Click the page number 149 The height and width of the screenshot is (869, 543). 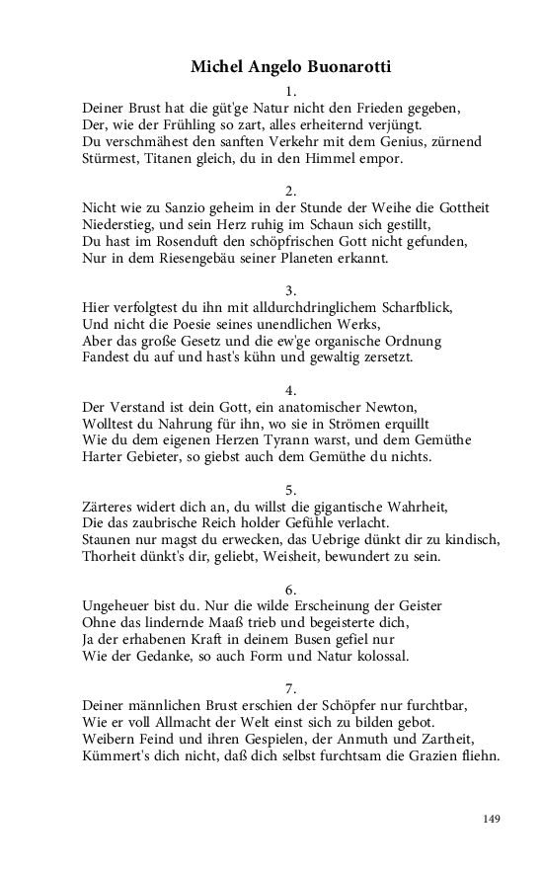[492, 819]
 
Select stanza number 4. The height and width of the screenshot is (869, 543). [290, 390]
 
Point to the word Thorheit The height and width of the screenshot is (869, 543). [112, 557]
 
